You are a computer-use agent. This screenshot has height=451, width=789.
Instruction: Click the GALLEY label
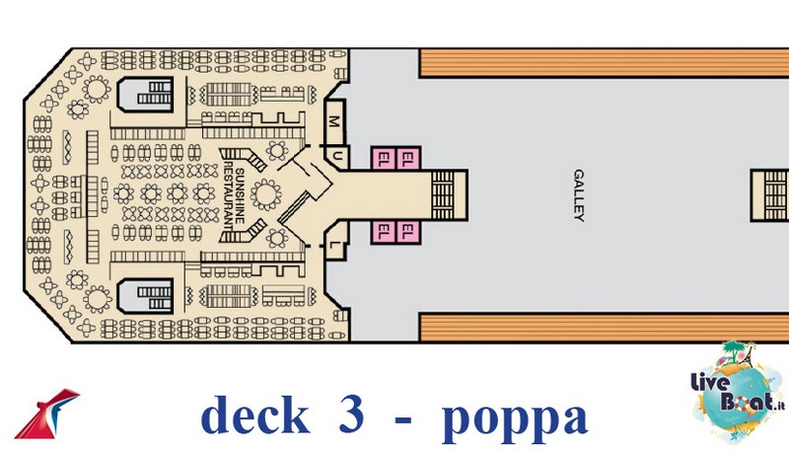(x=579, y=195)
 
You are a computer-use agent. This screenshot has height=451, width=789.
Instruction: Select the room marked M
(x=334, y=120)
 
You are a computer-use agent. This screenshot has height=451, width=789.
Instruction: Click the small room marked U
(x=337, y=157)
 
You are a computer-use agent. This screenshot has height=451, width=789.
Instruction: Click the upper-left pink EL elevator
(x=384, y=159)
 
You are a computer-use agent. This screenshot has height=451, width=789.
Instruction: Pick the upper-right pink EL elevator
(x=408, y=159)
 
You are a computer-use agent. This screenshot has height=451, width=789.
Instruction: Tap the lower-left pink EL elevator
(x=384, y=233)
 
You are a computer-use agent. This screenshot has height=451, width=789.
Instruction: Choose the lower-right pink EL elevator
(x=408, y=233)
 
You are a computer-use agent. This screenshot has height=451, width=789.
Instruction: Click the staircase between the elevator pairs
(x=449, y=195)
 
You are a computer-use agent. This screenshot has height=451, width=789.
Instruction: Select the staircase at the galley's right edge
(x=770, y=195)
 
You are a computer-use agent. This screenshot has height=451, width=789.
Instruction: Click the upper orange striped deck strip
(x=604, y=63)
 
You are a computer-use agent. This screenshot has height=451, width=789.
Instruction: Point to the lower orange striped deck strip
(x=604, y=328)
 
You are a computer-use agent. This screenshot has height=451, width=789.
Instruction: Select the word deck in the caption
(x=255, y=415)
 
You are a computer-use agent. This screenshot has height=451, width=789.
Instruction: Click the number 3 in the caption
(x=352, y=414)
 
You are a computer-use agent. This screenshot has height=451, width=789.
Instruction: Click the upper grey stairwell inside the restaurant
(x=145, y=94)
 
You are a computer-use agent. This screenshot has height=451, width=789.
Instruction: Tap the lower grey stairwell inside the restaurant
(x=145, y=296)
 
